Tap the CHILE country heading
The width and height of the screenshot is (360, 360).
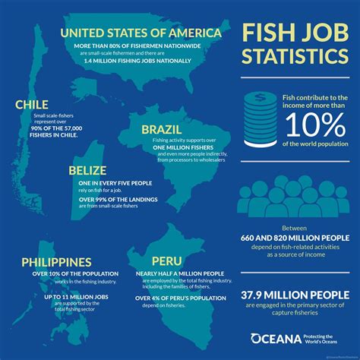point(32,104)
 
